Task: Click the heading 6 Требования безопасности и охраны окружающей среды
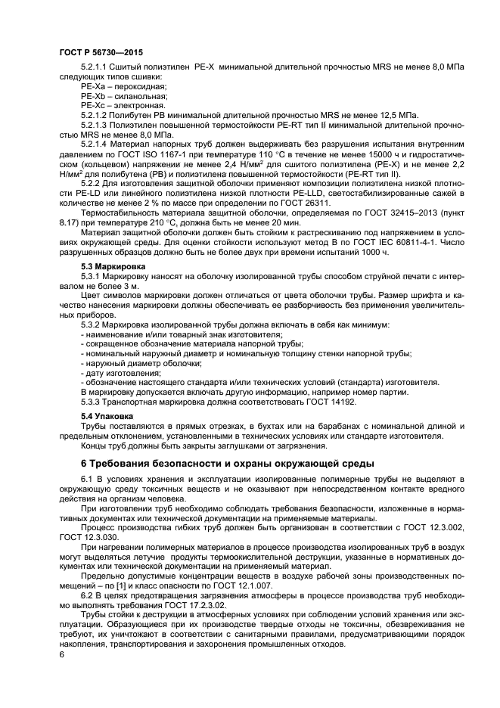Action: coord(227,462)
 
